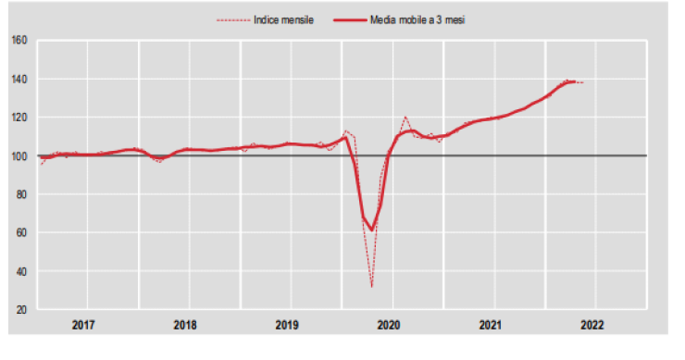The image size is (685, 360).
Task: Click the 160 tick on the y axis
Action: tap(19, 40)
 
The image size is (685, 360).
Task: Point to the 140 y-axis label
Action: tap(19, 79)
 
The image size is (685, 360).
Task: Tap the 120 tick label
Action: tap(19, 118)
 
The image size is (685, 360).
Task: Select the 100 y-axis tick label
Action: tap(19, 155)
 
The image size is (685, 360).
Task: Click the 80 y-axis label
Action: tap(20, 194)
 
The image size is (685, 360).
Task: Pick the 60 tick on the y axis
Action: tap(20, 232)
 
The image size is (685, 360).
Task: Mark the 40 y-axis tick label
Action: tap(20, 271)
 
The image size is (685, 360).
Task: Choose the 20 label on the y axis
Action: tap(20, 309)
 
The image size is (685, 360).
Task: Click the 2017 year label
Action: tap(84, 325)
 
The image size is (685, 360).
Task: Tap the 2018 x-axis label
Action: tap(185, 325)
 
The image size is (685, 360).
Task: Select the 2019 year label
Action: tap(287, 325)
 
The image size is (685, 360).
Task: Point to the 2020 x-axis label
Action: tap(389, 325)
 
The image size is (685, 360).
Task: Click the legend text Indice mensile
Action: tap(283, 19)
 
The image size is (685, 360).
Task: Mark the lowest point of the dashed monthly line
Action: tap(372, 286)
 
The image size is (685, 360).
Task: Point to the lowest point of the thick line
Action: tap(371, 230)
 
